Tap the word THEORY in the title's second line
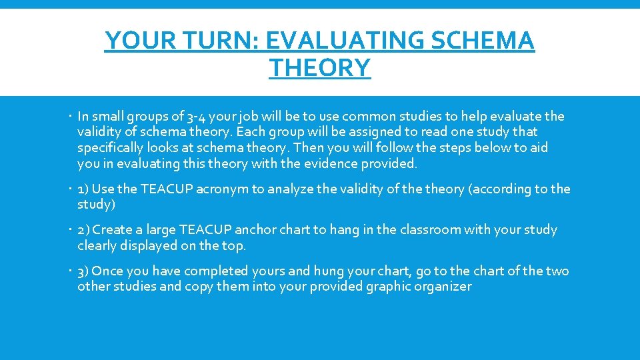pos(320,68)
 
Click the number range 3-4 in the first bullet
pos(181,117)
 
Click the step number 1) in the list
pos(83,189)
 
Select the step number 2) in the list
pos(84,230)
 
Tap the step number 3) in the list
pos(84,271)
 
